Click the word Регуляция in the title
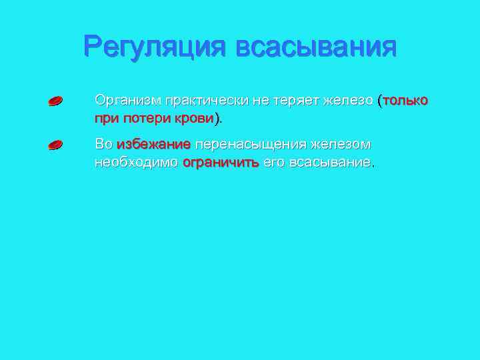(x=155, y=47)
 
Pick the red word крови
(x=195, y=118)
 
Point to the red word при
(x=105, y=119)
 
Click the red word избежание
(x=153, y=144)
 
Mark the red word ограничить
(x=221, y=162)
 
